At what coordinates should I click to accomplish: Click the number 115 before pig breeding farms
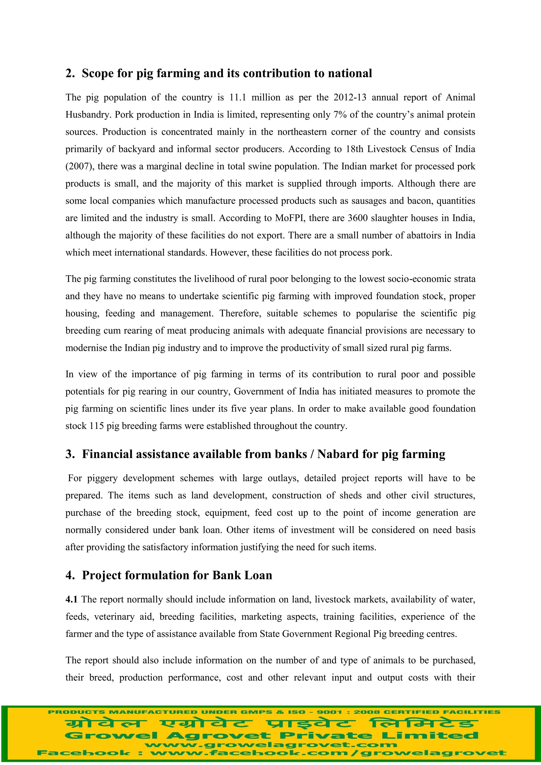[97, 426]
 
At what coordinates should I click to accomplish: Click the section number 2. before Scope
[70, 73]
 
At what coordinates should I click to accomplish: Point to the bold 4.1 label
[71, 599]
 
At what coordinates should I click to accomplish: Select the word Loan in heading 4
[258, 575]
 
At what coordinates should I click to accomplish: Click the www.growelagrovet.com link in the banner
[271, 745]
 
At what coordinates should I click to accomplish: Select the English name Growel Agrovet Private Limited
[271, 736]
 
